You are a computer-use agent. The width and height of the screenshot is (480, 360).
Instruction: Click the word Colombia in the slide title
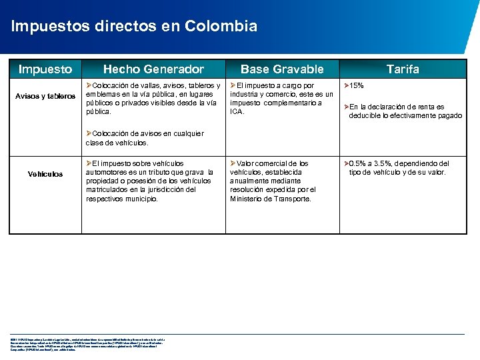click(x=223, y=27)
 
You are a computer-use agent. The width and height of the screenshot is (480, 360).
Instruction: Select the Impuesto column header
click(x=45, y=69)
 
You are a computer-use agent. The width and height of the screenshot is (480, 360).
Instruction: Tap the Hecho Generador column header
click(x=153, y=69)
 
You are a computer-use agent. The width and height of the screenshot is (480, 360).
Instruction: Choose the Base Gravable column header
click(x=282, y=69)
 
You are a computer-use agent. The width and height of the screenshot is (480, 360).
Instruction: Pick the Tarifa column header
click(x=403, y=69)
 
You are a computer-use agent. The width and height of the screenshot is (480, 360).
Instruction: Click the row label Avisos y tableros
click(x=45, y=97)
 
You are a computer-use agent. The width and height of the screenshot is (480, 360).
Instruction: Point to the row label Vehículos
click(x=45, y=174)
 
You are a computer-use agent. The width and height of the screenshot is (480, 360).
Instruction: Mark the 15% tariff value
click(x=357, y=86)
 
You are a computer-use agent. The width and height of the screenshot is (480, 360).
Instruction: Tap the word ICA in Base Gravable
click(x=237, y=111)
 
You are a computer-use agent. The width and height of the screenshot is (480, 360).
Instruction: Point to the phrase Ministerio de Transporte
click(x=270, y=199)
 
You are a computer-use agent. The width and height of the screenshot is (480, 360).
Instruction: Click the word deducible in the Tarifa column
click(x=367, y=116)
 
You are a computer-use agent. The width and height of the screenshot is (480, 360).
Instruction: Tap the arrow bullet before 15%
click(x=345, y=86)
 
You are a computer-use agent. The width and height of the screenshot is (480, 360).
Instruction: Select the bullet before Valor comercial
click(x=233, y=163)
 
